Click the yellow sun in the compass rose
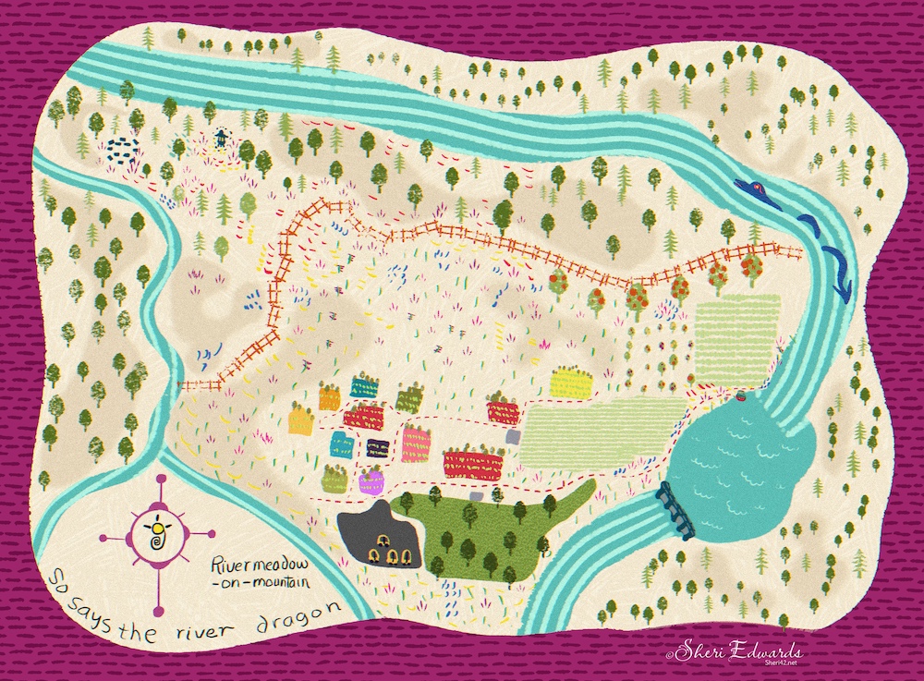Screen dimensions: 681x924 tap(158, 528)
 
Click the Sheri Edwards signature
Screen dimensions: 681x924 tap(726, 651)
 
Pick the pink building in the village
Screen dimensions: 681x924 tap(417, 444)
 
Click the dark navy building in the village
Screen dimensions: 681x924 tap(377, 449)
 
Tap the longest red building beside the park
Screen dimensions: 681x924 tap(472, 463)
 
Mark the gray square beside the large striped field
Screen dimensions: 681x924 tap(475, 497)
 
